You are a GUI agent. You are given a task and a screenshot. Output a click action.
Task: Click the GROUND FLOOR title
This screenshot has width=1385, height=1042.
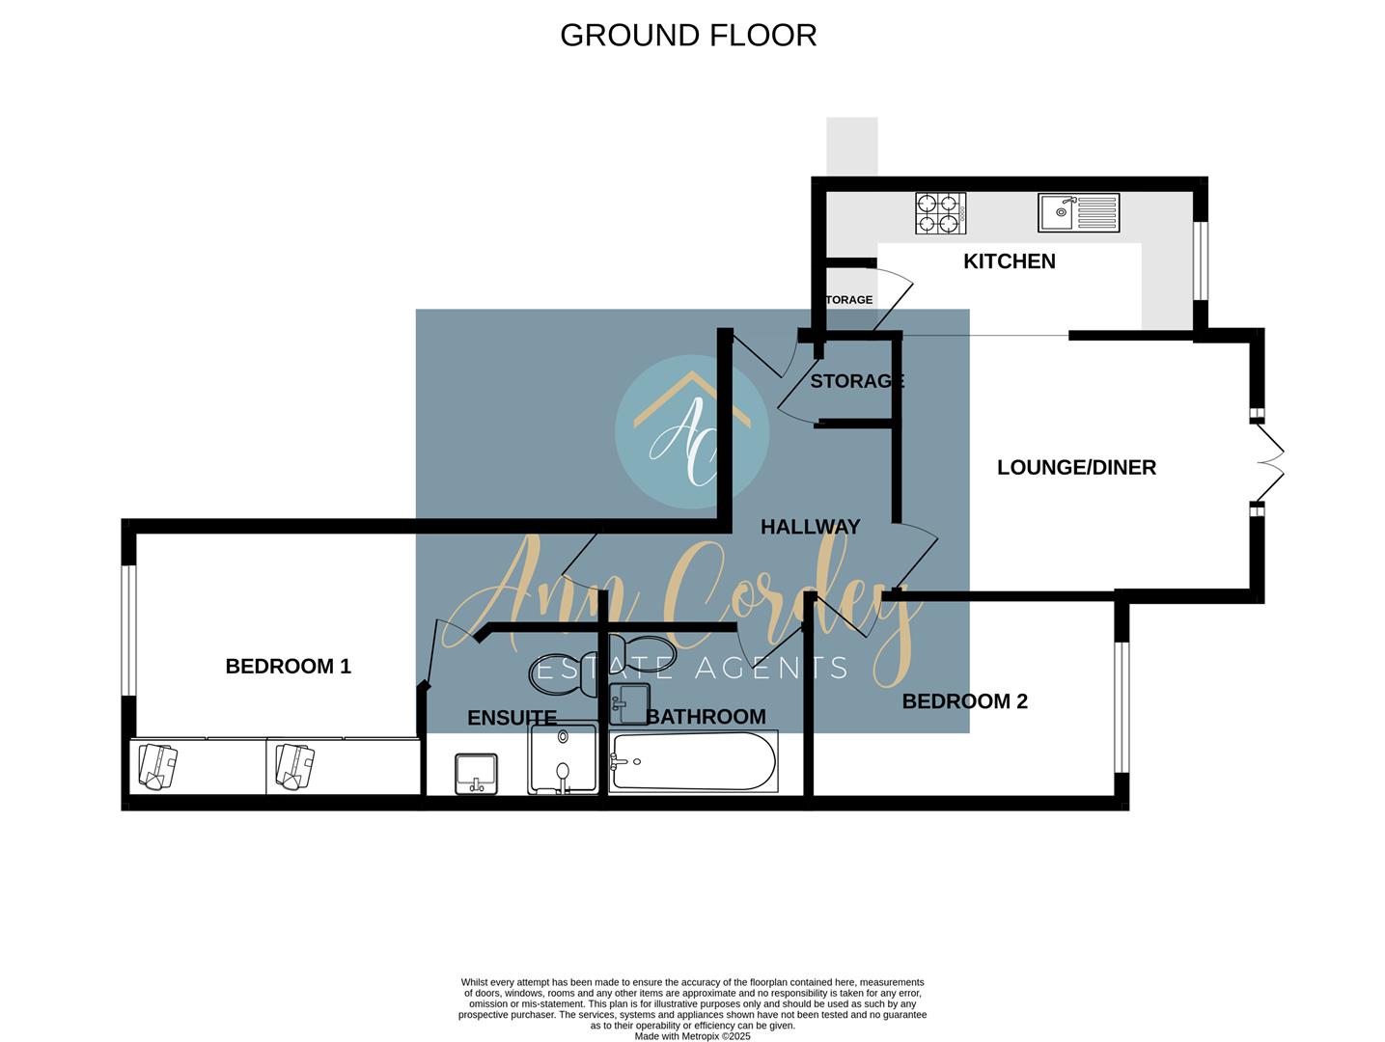click(x=688, y=36)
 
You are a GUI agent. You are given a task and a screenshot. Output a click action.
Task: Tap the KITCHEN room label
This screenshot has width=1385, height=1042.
click(x=1009, y=261)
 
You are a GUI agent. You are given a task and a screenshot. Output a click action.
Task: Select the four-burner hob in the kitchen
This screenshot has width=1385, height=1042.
click(x=940, y=213)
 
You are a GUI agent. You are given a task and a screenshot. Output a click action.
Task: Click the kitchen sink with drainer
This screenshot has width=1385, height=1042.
click(x=1078, y=212)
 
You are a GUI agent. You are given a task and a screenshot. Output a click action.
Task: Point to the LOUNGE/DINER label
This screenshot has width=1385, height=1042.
click(x=1076, y=468)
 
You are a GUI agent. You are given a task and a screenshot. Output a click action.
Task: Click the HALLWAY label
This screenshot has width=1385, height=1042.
click(x=810, y=527)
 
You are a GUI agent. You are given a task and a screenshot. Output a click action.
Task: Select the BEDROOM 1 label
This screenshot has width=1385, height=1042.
click(x=288, y=667)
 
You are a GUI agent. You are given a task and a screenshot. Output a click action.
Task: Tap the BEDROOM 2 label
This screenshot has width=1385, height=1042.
click(x=964, y=701)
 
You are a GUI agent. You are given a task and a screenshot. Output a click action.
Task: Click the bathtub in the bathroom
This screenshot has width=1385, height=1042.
click(x=693, y=761)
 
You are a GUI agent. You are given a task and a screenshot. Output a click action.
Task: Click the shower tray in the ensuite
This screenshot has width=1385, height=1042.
click(x=564, y=758)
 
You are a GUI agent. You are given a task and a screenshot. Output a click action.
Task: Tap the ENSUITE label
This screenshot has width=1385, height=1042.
click(x=512, y=718)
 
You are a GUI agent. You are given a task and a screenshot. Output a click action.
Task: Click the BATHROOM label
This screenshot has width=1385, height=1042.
click(x=706, y=717)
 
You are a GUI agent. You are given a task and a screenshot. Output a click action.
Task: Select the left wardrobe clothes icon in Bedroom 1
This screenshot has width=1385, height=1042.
click(x=157, y=766)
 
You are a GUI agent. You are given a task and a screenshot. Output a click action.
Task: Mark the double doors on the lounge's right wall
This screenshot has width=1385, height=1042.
click(x=1264, y=462)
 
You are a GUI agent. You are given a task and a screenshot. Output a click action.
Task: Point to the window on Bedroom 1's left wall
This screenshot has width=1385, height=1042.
click(x=127, y=629)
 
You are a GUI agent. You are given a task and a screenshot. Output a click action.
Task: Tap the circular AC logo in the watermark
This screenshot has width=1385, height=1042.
click(x=691, y=431)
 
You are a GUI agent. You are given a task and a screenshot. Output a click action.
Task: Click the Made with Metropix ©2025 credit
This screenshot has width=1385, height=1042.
click(x=692, y=1036)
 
